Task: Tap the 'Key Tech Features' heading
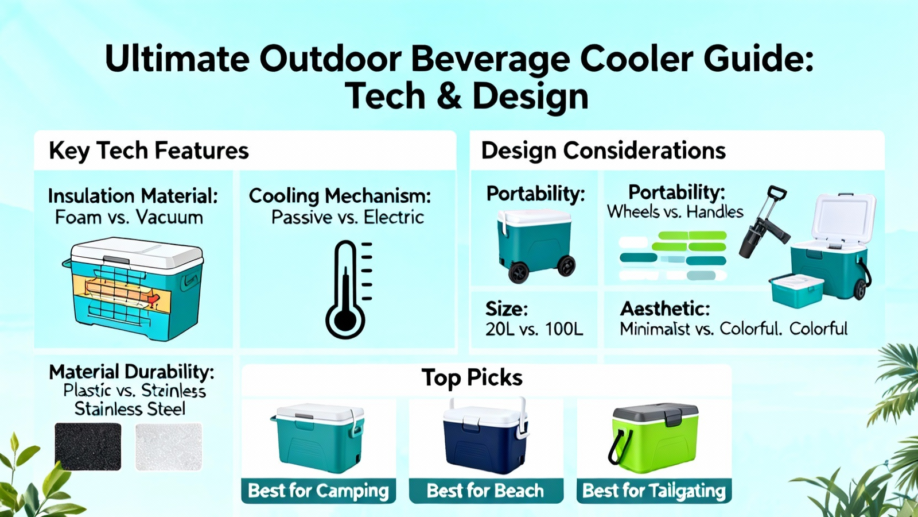point(149,151)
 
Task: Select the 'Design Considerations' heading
point(603,151)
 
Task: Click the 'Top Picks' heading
point(472,377)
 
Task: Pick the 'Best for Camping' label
point(318,491)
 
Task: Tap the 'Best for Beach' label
point(485,491)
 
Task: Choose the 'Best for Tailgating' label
point(654,491)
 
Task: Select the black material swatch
point(88,446)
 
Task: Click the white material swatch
point(169,446)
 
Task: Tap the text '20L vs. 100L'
point(534,329)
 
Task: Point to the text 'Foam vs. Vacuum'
point(129,218)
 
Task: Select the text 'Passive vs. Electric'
point(348,218)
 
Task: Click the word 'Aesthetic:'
point(665,309)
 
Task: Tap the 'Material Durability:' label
point(131,372)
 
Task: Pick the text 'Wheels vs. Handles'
point(675,212)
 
